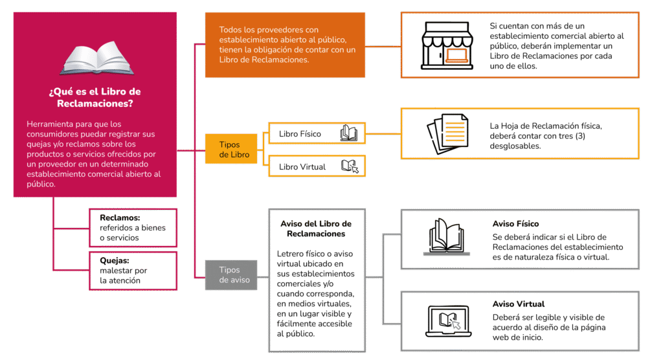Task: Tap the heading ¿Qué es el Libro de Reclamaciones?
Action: coord(95,97)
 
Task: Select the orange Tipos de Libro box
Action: coord(234,150)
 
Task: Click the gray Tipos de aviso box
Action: coord(231,275)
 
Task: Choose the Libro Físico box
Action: coord(317,133)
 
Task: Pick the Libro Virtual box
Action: coord(317,166)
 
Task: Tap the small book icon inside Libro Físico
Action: coord(348,133)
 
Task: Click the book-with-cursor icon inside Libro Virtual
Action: coord(350,166)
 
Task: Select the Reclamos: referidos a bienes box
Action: coord(133,227)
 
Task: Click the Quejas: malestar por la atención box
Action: coord(133,271)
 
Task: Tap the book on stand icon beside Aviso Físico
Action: coord(447,236)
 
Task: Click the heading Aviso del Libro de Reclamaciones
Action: coord(316,228)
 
